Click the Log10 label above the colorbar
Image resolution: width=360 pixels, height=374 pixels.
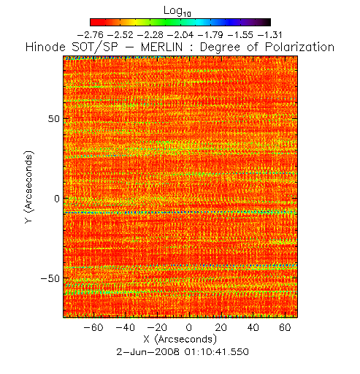(177, 11)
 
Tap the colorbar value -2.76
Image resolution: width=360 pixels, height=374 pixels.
(91, 35)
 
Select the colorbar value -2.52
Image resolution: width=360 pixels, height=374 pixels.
(120, 35)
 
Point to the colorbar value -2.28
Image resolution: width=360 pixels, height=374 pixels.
(150, 35)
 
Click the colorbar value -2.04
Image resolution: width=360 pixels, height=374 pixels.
(180, 35)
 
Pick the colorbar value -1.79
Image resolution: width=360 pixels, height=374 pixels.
(210, 35)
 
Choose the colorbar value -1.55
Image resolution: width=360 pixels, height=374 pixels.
(240, 35)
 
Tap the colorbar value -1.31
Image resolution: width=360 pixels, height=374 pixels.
(269, 35)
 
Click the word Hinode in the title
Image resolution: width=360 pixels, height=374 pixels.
(45, 47)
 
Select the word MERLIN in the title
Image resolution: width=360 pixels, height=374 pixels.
(161, 47)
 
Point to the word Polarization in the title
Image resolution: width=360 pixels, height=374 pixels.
(299, 47)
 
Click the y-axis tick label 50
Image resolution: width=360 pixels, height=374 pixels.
(54, 119)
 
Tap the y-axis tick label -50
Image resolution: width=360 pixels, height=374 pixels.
(50, 278)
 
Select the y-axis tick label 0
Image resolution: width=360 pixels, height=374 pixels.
(57, 199)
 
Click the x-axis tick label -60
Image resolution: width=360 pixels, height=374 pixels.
(93, 327)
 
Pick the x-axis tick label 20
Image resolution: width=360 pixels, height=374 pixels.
(221, 327)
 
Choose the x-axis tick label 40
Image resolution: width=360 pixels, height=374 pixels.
(253, 327)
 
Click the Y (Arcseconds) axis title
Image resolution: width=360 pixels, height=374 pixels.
(29, 187)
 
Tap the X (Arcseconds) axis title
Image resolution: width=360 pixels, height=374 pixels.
(180, 339)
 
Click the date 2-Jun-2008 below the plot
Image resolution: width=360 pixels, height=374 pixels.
(148, 352)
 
